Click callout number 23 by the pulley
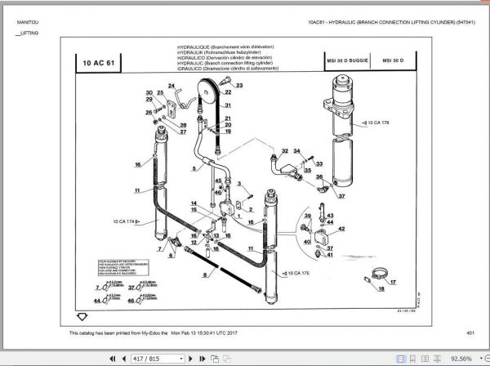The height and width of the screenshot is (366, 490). click(x=241, y=85)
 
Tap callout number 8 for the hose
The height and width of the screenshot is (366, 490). click(x=204, y=275)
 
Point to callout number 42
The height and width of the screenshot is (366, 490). click(x=341, y=228)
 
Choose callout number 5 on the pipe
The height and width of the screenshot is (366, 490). click(x=194, y=167)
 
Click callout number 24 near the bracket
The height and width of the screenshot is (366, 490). click(x=171, y=85)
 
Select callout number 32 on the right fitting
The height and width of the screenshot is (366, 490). click(x=285, y=151)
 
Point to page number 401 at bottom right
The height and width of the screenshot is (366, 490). click(x=470, y=332)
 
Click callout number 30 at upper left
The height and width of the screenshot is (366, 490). click(x=149, y=93)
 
